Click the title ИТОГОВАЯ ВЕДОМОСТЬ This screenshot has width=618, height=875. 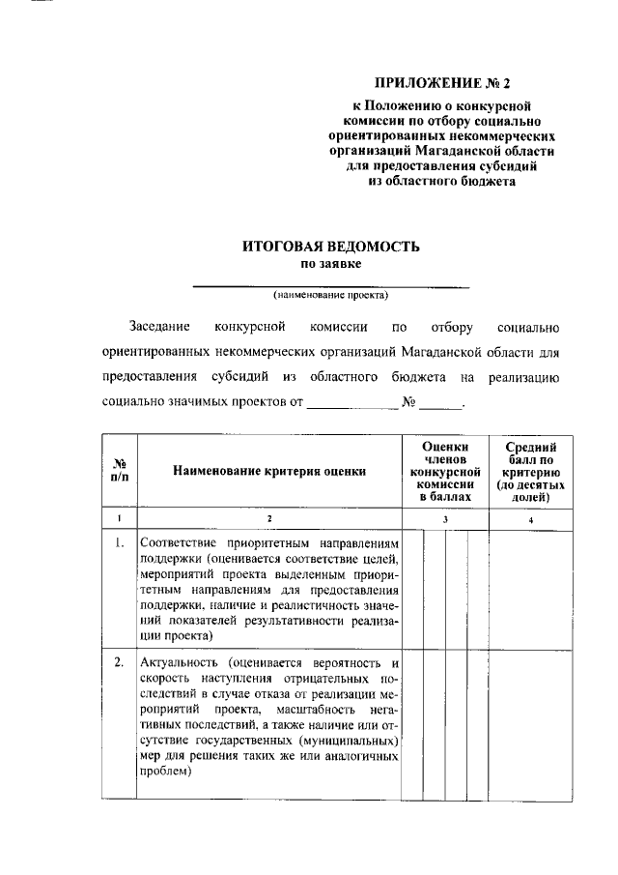[330, 247]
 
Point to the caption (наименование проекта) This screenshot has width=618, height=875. [330, 295]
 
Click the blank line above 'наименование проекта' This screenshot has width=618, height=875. [330, 285]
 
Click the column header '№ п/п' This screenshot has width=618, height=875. [120, 471]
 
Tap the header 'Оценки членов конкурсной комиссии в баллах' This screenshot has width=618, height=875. [445, 471]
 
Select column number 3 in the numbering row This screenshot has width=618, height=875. [445, 519]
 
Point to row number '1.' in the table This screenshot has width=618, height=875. [120, 543]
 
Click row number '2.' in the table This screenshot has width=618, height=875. [120, 663]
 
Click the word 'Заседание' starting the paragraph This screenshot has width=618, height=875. [160, 327]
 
